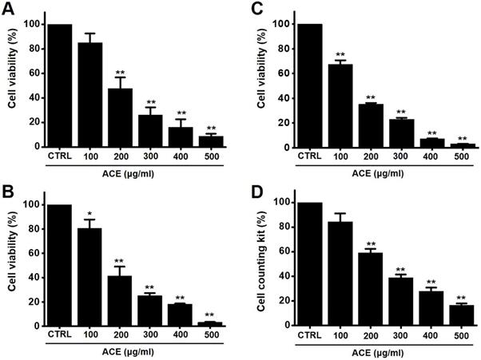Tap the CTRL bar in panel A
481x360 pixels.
click(x=60, y=85)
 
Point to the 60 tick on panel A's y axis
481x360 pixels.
click(x=34, y=73)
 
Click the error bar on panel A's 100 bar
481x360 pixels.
click(x=90, y=37)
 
